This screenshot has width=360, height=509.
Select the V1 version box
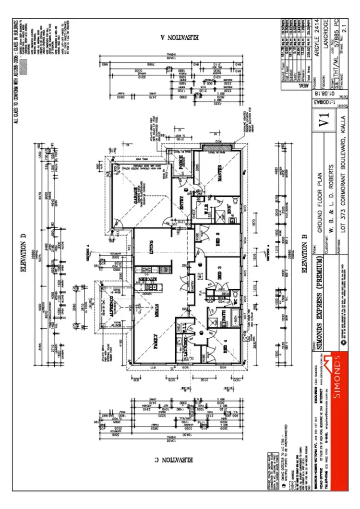pyautogui.click(x=325, y=117)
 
